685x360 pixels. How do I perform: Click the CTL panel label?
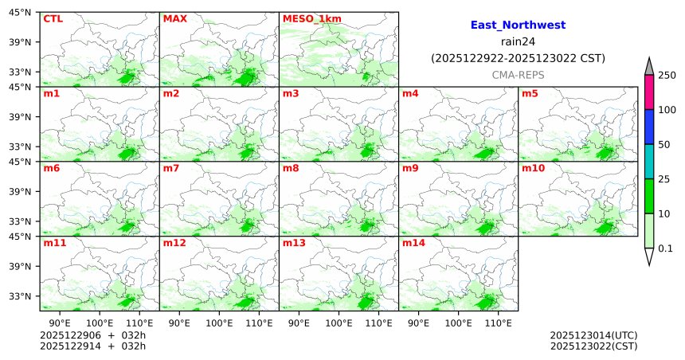tap(53, 18)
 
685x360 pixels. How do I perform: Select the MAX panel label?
tap(174, 18)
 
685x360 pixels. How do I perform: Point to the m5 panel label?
tap(530, 93)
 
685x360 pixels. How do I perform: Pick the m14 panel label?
tap(413, 243)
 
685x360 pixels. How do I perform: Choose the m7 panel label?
tap(171, 168)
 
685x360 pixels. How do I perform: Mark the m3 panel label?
tap(291, 93)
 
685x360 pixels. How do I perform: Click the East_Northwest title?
tap(518, 25)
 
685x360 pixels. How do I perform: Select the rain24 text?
tap(518, 41)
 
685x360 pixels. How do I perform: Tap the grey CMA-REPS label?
tap(518, 74)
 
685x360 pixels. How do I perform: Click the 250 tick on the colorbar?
tap(667, 75)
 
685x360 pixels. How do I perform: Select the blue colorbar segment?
tap(649, 127)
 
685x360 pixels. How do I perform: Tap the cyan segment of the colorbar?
tap(649, 162)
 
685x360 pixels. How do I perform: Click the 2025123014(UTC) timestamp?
tap(593, 335)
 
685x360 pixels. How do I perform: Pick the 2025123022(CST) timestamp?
tap(593, 346)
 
